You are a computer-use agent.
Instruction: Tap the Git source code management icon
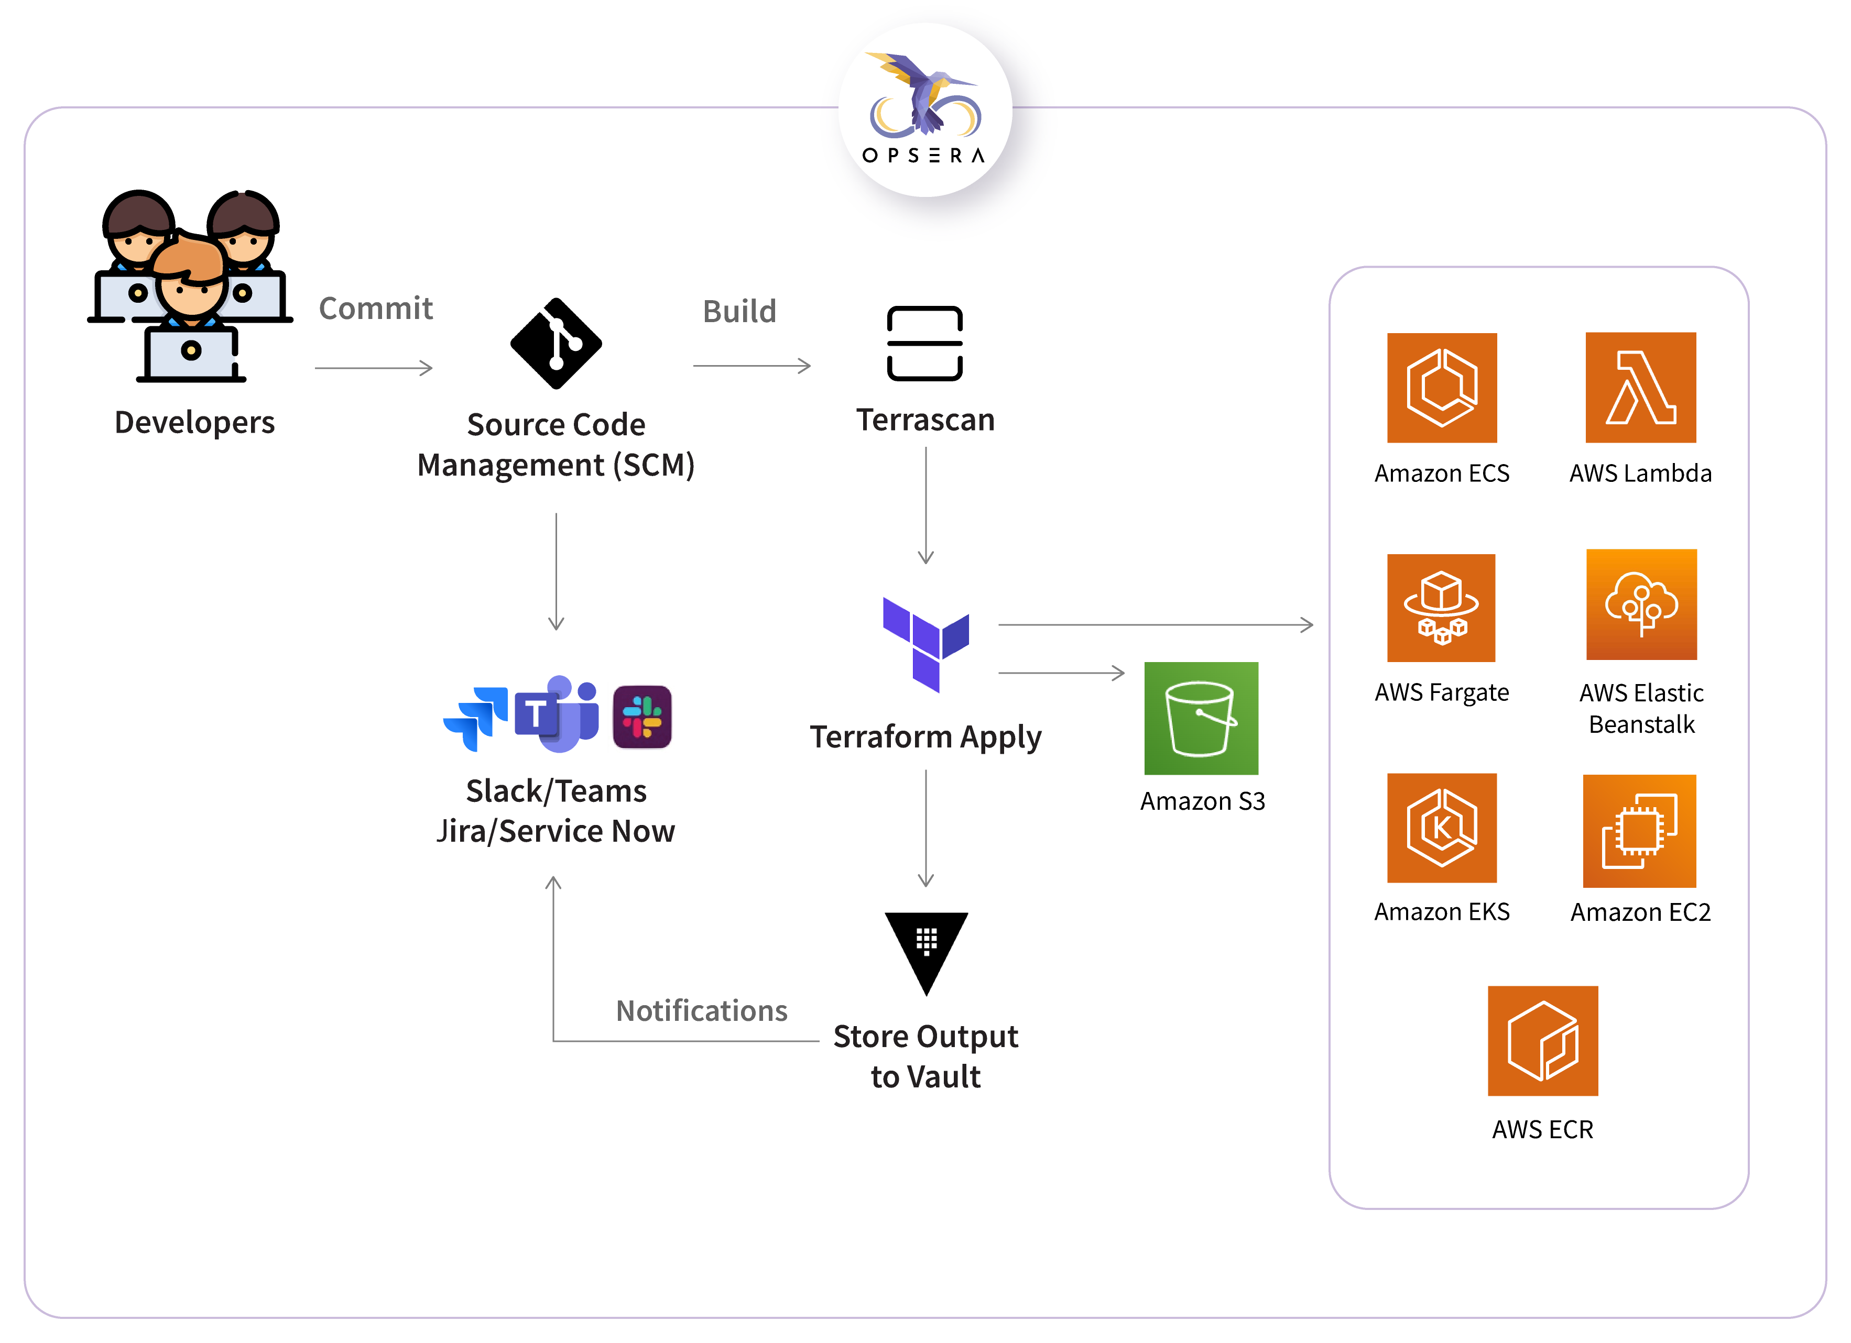pyautogui.click(x=556, y=344)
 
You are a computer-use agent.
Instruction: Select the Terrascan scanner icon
pyautogui.click(x=924, y=344)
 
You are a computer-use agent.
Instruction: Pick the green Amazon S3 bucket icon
pyautogui.click(x=1201, y=718)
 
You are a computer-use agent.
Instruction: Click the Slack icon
pyautogui.click(x=643, y=717)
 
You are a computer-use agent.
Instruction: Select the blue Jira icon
pyautogui.click(x=476, y=717)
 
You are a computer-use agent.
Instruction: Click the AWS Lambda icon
pyautogui.click(x=1640, y=388)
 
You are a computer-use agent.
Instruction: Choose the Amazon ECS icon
pyautogui.click(x=1442, y=388)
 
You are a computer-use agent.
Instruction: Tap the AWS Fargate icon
pyautogui.click(x=1441, y=608)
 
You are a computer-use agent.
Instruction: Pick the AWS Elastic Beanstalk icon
pyautogui.click(x=1641, y=604)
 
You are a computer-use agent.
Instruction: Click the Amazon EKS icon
pyautogui.click(x=1442, y=828)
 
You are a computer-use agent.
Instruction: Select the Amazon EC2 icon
pyautogui.click(x=1640, y=831)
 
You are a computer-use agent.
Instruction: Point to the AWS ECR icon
pyautogui.click(x=1542, y=1041)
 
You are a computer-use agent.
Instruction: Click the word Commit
pyautogui.click(x=375, y=309)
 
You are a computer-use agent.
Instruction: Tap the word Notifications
pyautogui.click(x=701, y=1011)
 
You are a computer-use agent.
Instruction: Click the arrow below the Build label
pyautogui.click(x=752, y=366)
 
